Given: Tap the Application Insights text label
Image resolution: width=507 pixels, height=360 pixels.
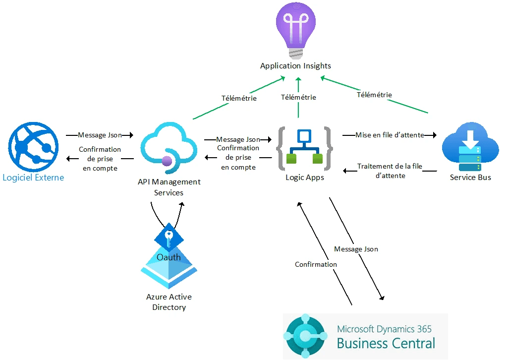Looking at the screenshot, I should coord(295,65).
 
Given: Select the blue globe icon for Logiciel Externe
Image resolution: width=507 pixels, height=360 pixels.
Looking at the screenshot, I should coord(33,147).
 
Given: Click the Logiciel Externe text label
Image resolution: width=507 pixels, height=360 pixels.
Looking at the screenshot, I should coord(33,178).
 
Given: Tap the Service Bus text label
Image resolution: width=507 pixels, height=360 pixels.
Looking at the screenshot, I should coord(470,177).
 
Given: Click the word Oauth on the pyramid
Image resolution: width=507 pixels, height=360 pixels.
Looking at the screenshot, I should coord(169,257).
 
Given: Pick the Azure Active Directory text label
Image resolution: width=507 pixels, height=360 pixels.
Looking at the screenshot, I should coord(169,302).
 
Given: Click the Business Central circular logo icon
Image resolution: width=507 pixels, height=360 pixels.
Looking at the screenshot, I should coord(305,336).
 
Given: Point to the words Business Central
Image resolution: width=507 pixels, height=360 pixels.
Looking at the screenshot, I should coord(386,343).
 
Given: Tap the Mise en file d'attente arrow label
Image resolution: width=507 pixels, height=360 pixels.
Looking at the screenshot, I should coord(390,135).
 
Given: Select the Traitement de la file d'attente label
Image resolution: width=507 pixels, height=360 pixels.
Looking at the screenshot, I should coord(390,171).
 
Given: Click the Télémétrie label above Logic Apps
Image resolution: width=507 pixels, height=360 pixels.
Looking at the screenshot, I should coord(298,97).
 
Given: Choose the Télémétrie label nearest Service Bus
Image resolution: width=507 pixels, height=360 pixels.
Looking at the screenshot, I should coord(374,95).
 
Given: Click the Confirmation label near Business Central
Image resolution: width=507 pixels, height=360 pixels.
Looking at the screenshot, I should coord(316,264).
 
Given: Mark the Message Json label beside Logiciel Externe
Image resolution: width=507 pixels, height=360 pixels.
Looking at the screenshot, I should coord(100,135).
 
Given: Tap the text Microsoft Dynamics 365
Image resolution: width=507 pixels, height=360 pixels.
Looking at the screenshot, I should coord(384,329).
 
